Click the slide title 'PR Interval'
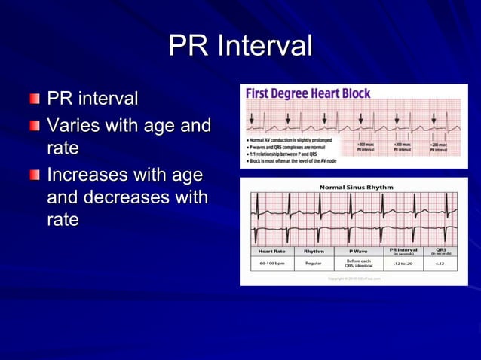tap(240, 46)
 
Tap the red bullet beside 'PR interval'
tap(36, 99)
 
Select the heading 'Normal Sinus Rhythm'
tap(356, 187)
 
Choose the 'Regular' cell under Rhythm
tap(314, 264)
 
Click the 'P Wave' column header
tap(358, 251)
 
